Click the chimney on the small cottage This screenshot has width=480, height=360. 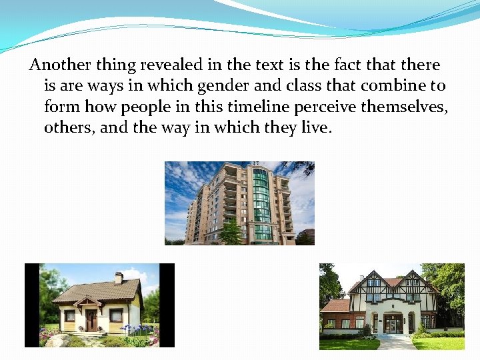[119, 277]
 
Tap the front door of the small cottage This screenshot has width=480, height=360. [91, 320]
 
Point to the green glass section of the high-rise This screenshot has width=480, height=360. [262, 200]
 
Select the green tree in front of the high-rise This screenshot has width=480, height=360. [231, 233]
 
